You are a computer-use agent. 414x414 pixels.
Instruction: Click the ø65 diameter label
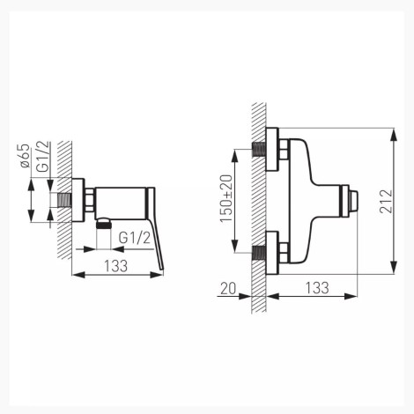pos(26,156)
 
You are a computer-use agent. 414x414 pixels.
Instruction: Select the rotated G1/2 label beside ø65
pos(43,157)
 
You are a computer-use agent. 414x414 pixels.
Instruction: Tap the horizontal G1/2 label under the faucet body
pos(135,238)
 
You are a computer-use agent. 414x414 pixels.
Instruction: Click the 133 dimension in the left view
pos(116,266)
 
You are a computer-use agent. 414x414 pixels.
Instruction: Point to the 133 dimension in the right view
pos(317,288)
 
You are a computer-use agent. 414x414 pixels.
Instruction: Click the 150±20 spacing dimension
pos(226,199)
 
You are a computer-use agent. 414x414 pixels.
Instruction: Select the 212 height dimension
pos(386,202)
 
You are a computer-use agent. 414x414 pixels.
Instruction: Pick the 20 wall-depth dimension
pos(228,289)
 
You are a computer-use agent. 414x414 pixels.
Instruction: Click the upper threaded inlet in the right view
pos(259,150)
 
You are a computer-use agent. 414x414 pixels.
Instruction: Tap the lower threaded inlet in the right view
pos(259,253)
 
